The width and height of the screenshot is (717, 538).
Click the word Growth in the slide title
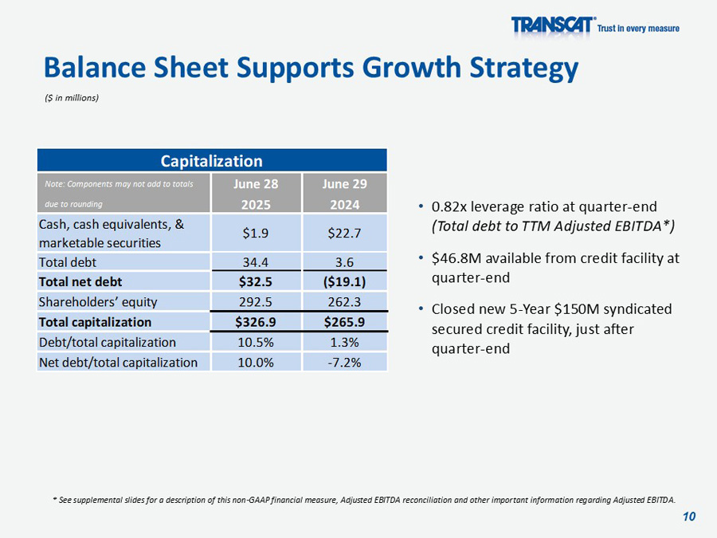tap(415, 68)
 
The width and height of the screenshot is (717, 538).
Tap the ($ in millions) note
tap(72, 97)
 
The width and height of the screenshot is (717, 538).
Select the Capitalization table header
tap(211, 161)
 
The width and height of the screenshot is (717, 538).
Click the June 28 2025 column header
tap(257, 194)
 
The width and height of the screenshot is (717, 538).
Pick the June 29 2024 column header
tap(345, 194)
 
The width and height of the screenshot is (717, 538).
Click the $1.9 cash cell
tap(257, 233)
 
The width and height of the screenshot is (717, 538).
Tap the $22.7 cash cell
tap(345, 233)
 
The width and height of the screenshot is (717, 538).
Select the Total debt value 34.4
tap(257, 261)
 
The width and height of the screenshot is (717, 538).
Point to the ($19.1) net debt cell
tap(345, 281)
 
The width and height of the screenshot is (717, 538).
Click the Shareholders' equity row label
tap(98, 302)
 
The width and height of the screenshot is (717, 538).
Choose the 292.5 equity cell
tap(257, 302)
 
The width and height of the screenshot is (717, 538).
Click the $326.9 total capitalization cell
tap(257, 322)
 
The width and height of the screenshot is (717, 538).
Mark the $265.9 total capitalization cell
tap(345, 322)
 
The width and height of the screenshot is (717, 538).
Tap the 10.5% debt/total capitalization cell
tap(257, 342)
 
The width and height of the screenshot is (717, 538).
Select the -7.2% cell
tap(345, 362)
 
